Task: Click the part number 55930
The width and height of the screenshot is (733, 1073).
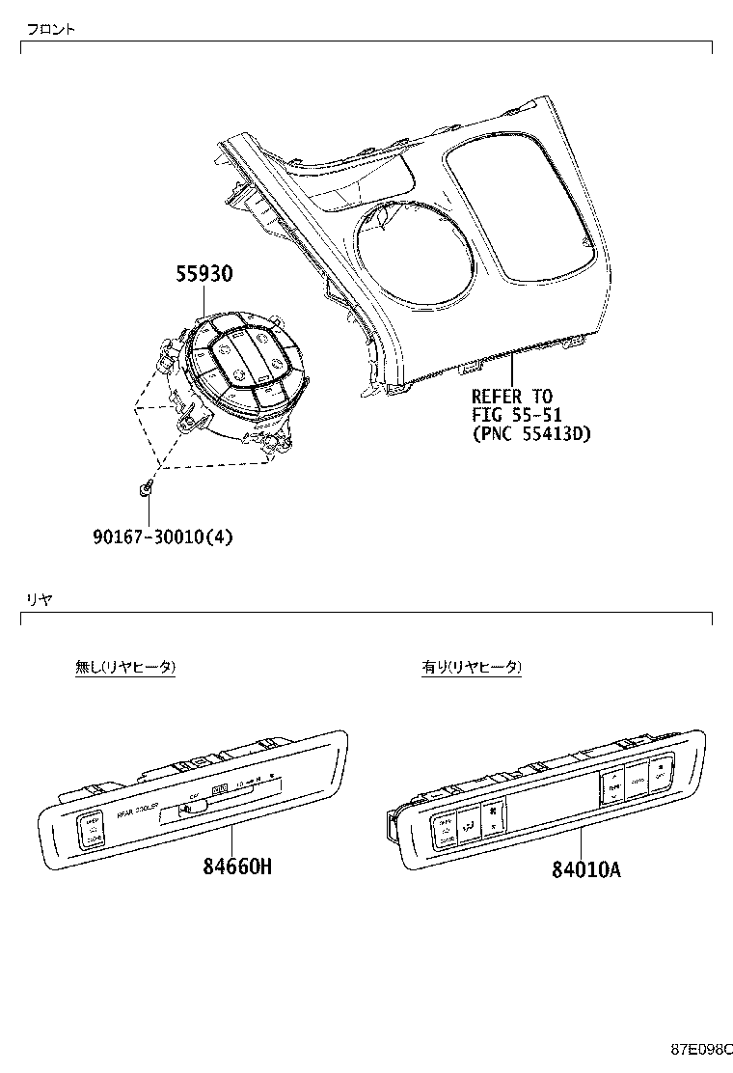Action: pos(204,274)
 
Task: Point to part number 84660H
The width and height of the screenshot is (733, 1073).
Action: pos(237,867)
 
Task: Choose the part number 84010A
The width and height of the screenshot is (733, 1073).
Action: pos(585,870)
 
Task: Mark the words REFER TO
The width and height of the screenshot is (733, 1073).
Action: pos(512,396)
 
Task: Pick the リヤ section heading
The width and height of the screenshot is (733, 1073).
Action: pos(39,599)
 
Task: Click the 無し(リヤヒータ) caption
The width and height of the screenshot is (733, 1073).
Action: pos(125,667)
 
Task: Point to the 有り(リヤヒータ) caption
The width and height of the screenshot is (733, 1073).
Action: pos(472,667)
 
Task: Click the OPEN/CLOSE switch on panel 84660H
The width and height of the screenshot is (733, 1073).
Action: pos(92,830)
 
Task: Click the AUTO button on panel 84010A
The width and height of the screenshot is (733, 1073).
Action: pos(638,778)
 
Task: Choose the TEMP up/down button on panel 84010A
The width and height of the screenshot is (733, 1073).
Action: pos(613,787)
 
